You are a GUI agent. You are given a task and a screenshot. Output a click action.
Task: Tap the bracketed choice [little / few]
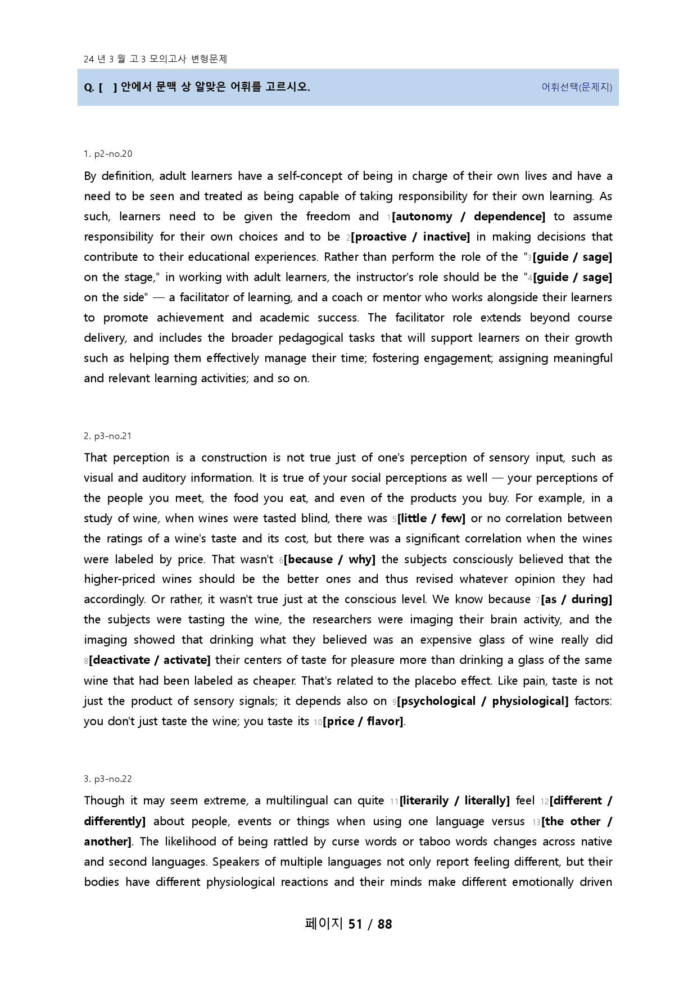point(431,518)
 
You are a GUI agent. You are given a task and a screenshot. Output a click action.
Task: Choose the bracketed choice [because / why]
point(329,559)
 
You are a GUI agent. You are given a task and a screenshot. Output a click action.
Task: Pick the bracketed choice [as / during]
point(577,599)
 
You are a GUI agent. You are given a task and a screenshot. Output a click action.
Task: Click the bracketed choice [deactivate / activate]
point(150,660)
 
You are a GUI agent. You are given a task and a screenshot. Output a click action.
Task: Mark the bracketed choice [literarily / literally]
point(455,800)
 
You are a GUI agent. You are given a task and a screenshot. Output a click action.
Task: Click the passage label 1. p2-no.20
point(108,154)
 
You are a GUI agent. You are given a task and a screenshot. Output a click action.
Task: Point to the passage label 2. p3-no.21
point(108,436)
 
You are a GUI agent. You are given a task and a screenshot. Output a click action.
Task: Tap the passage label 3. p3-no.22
point(108,779)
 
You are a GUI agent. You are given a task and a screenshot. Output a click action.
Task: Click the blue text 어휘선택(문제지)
point(577,87)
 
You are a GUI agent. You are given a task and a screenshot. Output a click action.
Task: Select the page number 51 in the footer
point(355,924)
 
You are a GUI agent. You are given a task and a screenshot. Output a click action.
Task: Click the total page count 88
point(385,924)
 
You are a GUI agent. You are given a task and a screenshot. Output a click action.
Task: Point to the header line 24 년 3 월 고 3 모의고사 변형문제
point(155,59)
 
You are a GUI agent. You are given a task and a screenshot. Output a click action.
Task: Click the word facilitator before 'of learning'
point(203,297)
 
